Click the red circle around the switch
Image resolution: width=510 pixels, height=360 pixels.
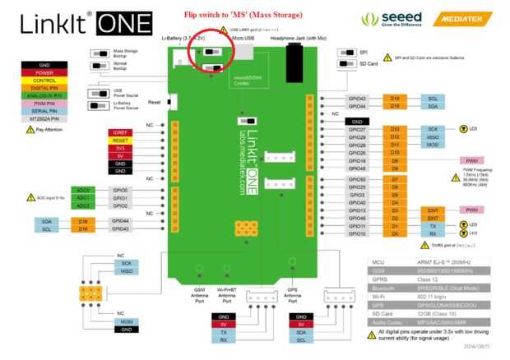211,56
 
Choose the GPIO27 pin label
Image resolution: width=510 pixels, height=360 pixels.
358,129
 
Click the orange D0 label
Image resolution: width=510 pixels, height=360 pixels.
394,234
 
